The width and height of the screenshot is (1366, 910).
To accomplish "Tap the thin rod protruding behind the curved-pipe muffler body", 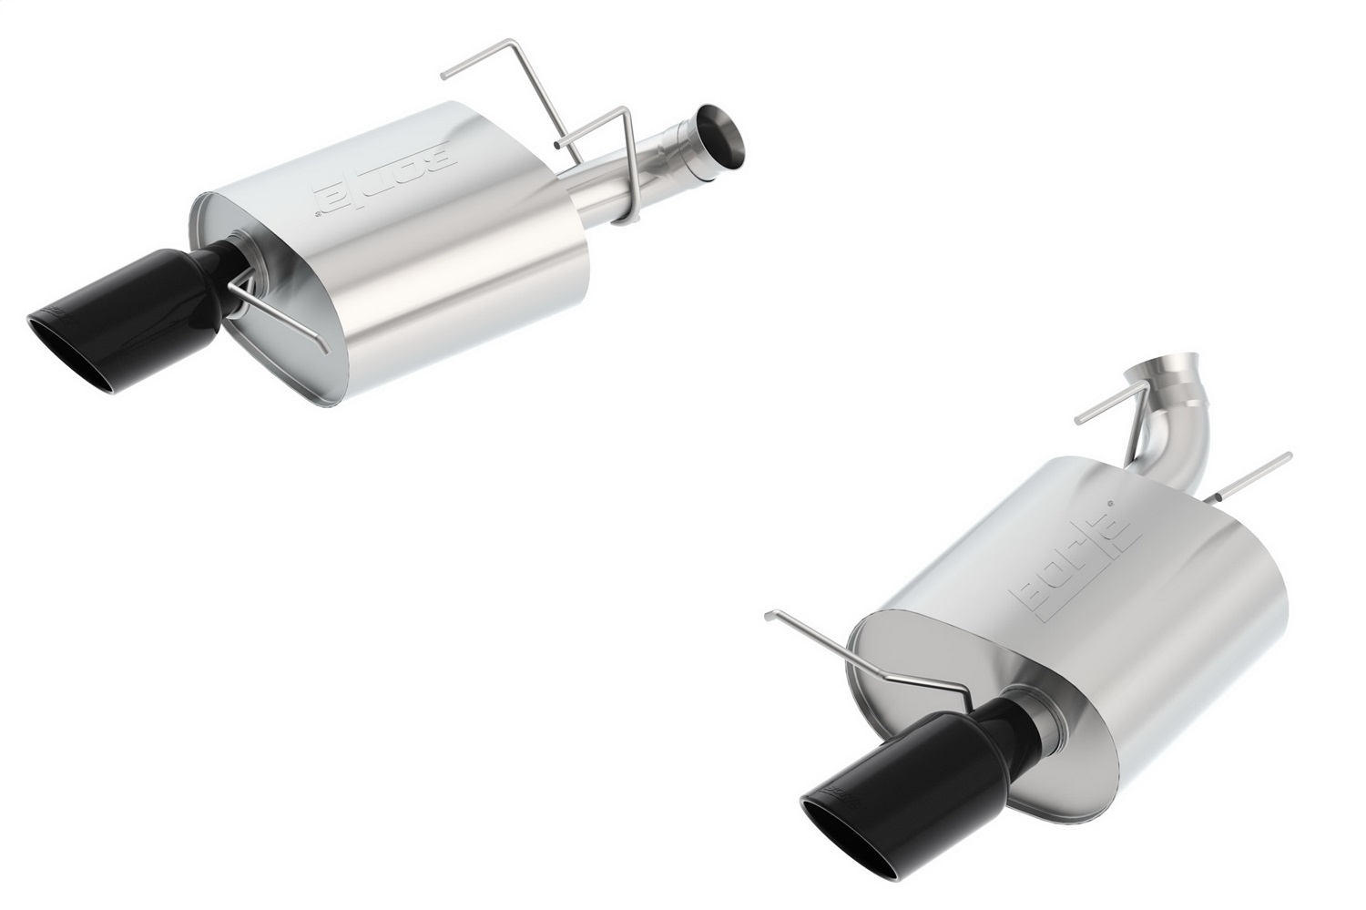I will coord(1257,474).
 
